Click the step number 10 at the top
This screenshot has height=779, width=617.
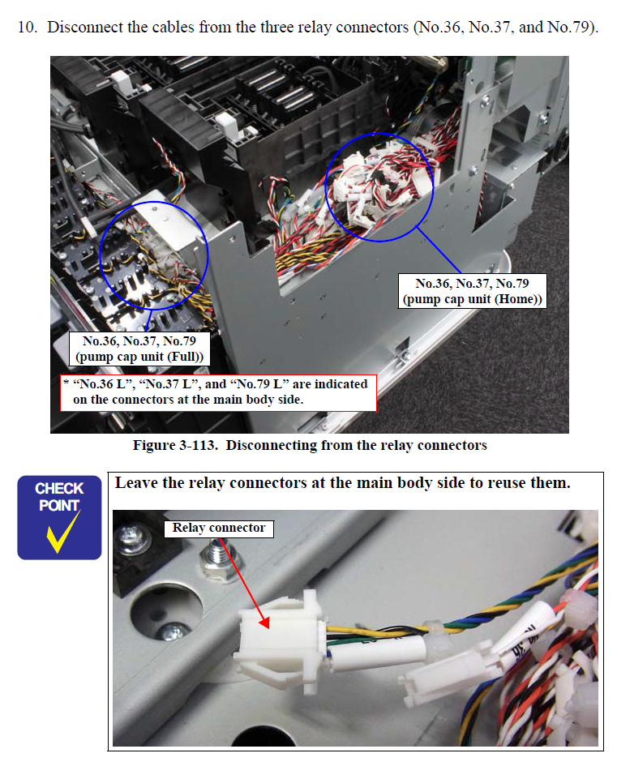pyautogui.click(x=28, y=27)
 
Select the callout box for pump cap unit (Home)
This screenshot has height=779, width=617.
pyautogui.click(x=473, y=291)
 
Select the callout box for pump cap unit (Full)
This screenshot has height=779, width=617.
pyautogui.click(x=139, y=349)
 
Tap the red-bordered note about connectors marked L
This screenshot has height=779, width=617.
pyautogui.click(x=219, y=392)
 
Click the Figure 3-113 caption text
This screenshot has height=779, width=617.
pyautogui.click(x=310, y=445)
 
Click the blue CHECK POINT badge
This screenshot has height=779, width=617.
pyautogui.click(x=60, y=517)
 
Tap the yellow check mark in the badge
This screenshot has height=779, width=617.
pyautogui.click(x=63, y=532)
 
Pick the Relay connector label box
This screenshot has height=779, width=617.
pyautogui.click(x=219, y=528)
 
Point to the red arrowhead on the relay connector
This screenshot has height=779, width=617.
pyautogui.click(x=265, y=622)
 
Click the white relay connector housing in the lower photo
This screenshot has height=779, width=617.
pyautogui.click(x=281, y=641)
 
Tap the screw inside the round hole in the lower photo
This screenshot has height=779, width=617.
pyautogui.click(x=172, y=632)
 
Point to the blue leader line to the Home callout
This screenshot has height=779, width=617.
pyautogui.click(x=439, y=250)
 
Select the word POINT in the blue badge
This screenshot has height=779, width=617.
pyautogui.click(x=60, y=506)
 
